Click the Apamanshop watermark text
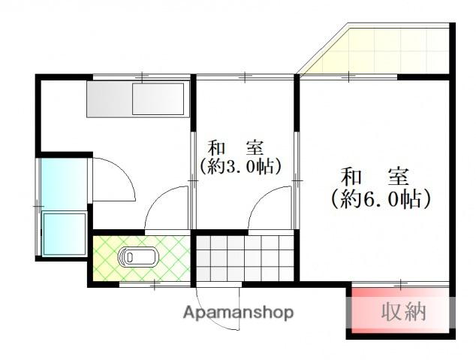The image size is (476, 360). click(239, 313)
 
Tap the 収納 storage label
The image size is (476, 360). click(403, 310)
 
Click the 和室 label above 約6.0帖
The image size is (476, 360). click(375, 178)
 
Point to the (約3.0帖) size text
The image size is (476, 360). click(240, 166)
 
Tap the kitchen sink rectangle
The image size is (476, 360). click(158, 99)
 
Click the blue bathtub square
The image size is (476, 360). click(65, 234)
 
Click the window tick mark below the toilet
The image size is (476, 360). click(154, 284)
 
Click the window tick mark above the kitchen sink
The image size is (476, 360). click(142, 77)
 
